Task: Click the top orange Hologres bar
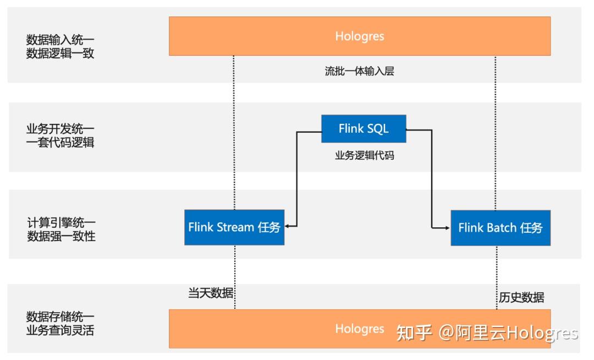tap(359, 36)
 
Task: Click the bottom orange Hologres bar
tap(275, 329)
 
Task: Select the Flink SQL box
tap(364, 129)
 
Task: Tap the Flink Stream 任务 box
tap(234, 227)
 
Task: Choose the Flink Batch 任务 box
tap(500, 227)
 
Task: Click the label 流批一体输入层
tap(359, 72)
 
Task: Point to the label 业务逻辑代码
tap(364, 155)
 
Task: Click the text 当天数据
tap(211, 293)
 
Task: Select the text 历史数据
tap(521, 297)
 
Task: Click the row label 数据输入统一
tap(61, 40)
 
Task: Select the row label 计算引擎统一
tap(61, 223)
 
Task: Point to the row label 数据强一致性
tap(61, 237)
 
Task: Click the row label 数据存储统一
tap(61, 317)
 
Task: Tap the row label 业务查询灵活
tap(61, 331)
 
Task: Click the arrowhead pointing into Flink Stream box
tap(289, 226)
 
